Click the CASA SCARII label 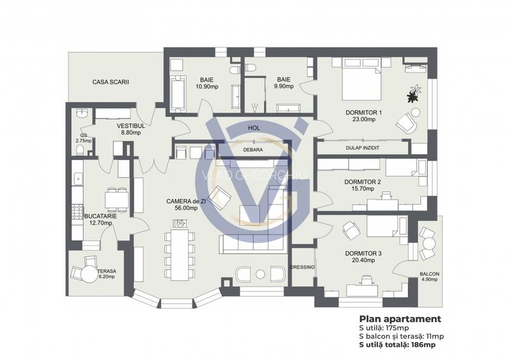click(x=106, y=82)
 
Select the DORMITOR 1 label click(x=363, y=113)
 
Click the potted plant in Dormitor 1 click(x=412, y=95)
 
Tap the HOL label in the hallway click(x=254, y=129)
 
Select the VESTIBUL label click(x=132, y=127)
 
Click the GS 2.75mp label click(x=83, y=138)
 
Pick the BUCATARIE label click(x=100, y=216)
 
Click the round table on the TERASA click(x=88, y=273)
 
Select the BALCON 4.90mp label click(x=429, y=276)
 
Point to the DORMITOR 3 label click(x=363, y=253)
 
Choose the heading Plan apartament click(x=400, y=318)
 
